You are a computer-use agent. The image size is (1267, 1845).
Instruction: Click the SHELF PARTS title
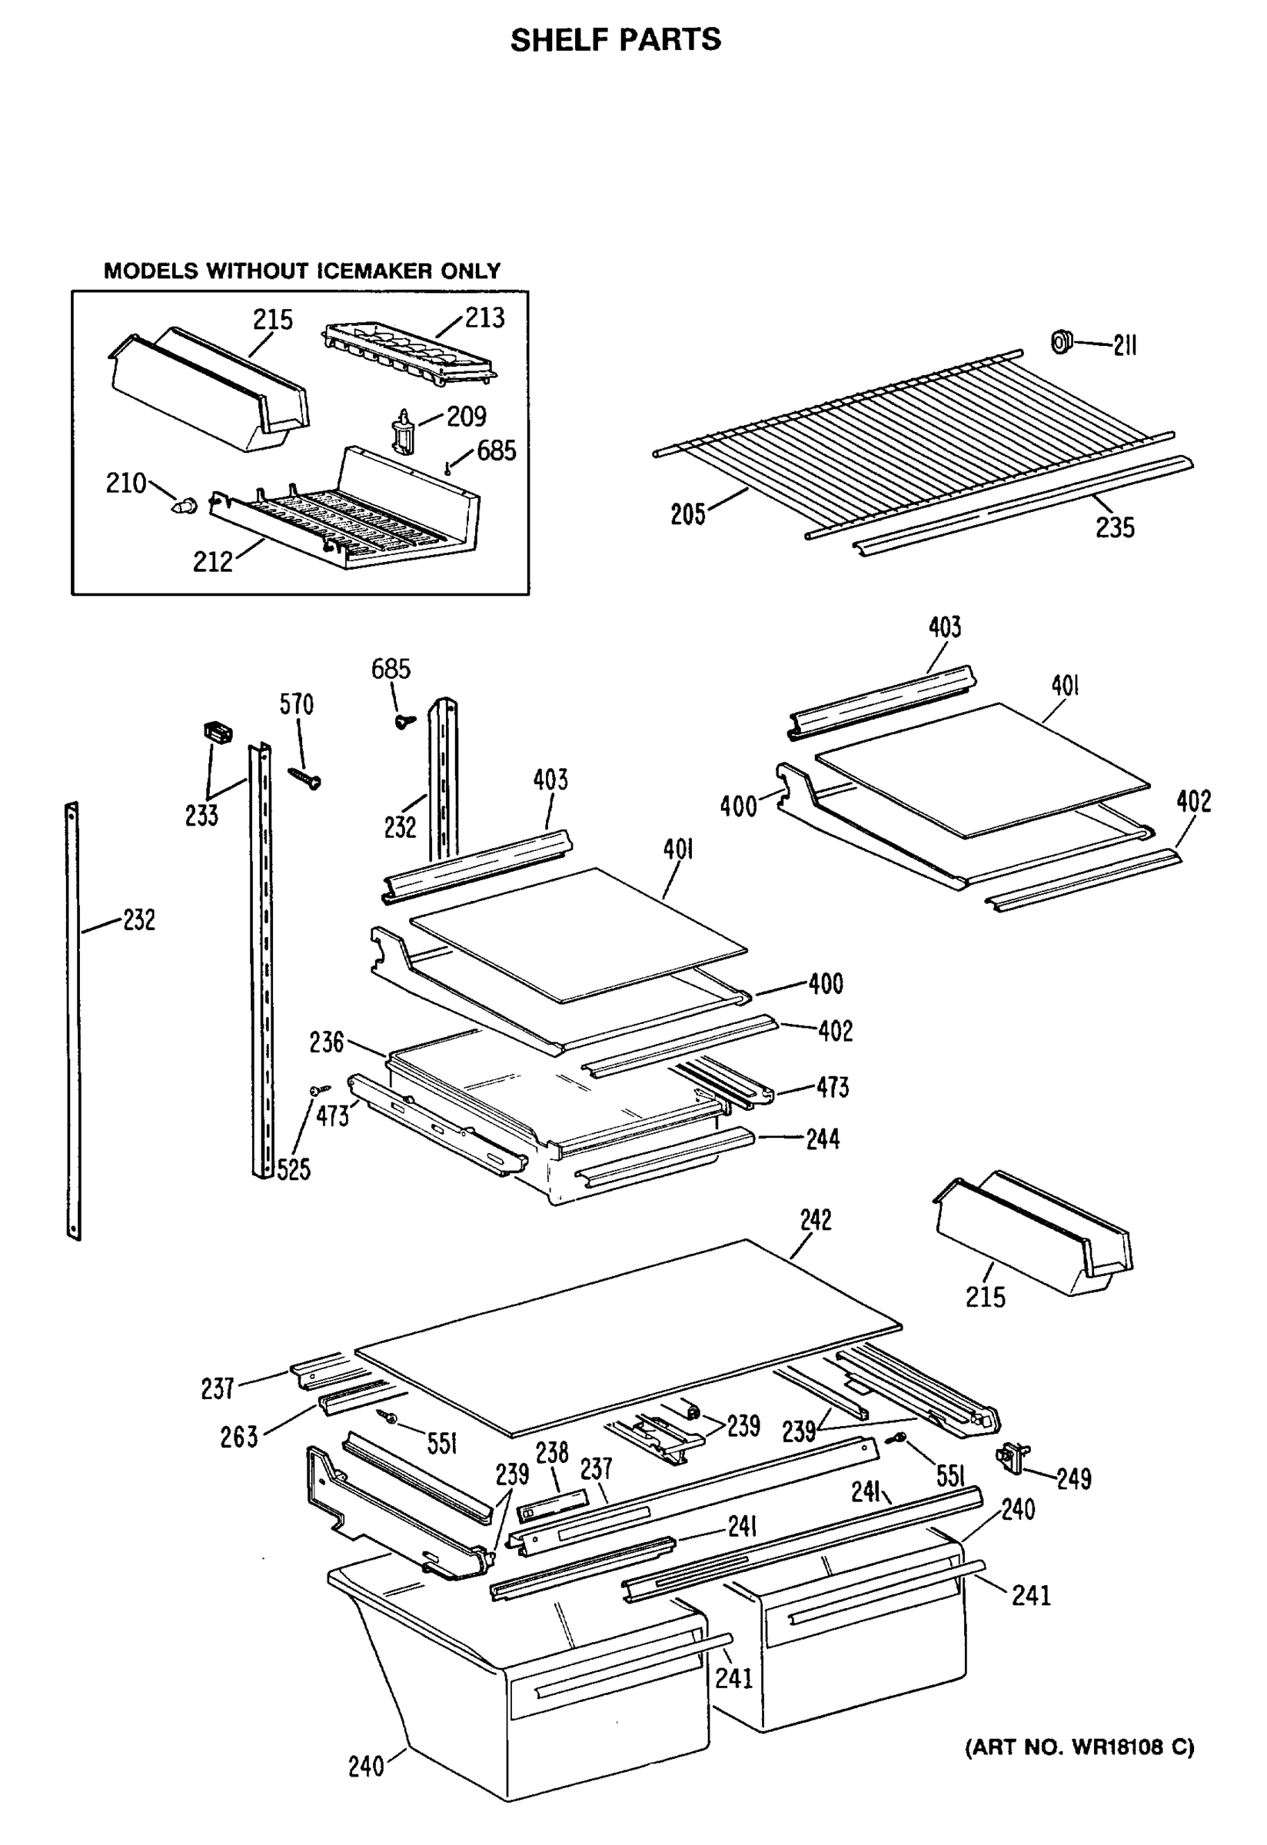pyautogui.click(x=615, y=40)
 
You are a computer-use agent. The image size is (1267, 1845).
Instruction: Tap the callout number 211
pyautogui.click(x=1124, y=345)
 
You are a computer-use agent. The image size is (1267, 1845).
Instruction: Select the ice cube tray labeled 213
pyautogui.click(x=409, y=355)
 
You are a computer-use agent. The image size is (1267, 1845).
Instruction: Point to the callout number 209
pyautogui.click(x=466, y=416)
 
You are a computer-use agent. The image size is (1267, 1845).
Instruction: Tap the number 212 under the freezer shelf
pyautogui.click(x=213, y=562)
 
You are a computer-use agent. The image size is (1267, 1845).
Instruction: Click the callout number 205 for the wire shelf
pyautogui.click(x=687, y=514)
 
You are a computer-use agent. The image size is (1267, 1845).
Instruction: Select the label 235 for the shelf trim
pyautogui.click(x=1115, y=527)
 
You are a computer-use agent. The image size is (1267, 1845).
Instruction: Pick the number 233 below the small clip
pyautogui.click(x=201, y=816)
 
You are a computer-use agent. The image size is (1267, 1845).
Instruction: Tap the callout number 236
pyautogui.click(x=326, y=1042)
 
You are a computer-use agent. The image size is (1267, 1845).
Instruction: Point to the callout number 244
pyautogui.click(x=823, y=1139)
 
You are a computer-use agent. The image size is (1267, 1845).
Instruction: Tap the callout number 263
pyautogui.click(x=239, y=1437)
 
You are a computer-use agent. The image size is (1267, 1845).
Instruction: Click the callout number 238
pyautogui.click(x=552, y=1453)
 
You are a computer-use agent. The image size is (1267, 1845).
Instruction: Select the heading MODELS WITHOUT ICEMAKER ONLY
pyautogui.click(x=302, y=271)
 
